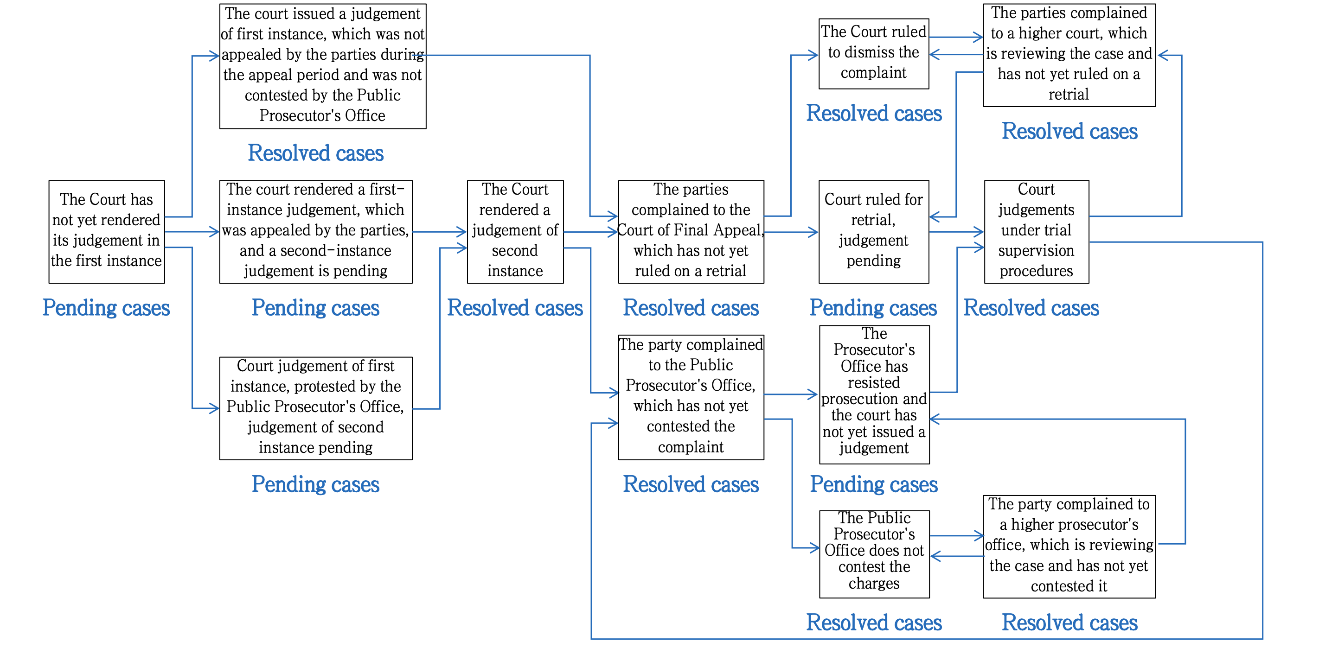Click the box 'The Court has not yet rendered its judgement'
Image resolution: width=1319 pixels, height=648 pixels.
(x=107, y=231)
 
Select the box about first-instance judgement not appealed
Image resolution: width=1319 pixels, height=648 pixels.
(x=323, y=66)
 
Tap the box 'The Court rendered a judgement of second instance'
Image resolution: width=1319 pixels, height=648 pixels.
(x=515, y=231)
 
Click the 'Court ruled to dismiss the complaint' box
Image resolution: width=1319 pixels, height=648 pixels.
(x=873, y=54)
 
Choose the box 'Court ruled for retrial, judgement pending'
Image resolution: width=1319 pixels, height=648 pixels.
(x=873, y=231)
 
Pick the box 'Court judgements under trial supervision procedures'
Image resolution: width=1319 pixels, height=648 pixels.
(x=1037, y=231)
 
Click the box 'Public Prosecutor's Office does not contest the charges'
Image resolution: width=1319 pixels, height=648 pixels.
(x=874, y=554)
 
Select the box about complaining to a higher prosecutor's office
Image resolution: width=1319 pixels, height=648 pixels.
(x=1069, y=546)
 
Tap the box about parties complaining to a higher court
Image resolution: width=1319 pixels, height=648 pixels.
(x=1069, y=55)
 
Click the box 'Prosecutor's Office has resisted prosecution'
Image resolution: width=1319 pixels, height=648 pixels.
(x=874, y=394)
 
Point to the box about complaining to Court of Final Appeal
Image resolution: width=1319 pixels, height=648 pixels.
(x=691, y=231)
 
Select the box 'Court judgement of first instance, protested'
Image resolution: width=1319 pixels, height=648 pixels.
(x=315, y=408)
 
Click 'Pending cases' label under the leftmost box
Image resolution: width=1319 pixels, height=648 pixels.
(x=106, y=308)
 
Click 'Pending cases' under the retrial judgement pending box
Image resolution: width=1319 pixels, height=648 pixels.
(x=873, y=308)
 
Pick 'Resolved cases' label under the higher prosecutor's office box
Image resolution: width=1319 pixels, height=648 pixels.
(x=1069, y=623)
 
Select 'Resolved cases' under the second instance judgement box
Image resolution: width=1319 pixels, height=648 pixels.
(x=515, y=308)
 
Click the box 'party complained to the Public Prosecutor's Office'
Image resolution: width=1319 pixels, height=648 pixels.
(x=691, y=397)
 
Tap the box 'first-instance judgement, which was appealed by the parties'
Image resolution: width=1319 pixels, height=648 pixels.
(x=315, y=231)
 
